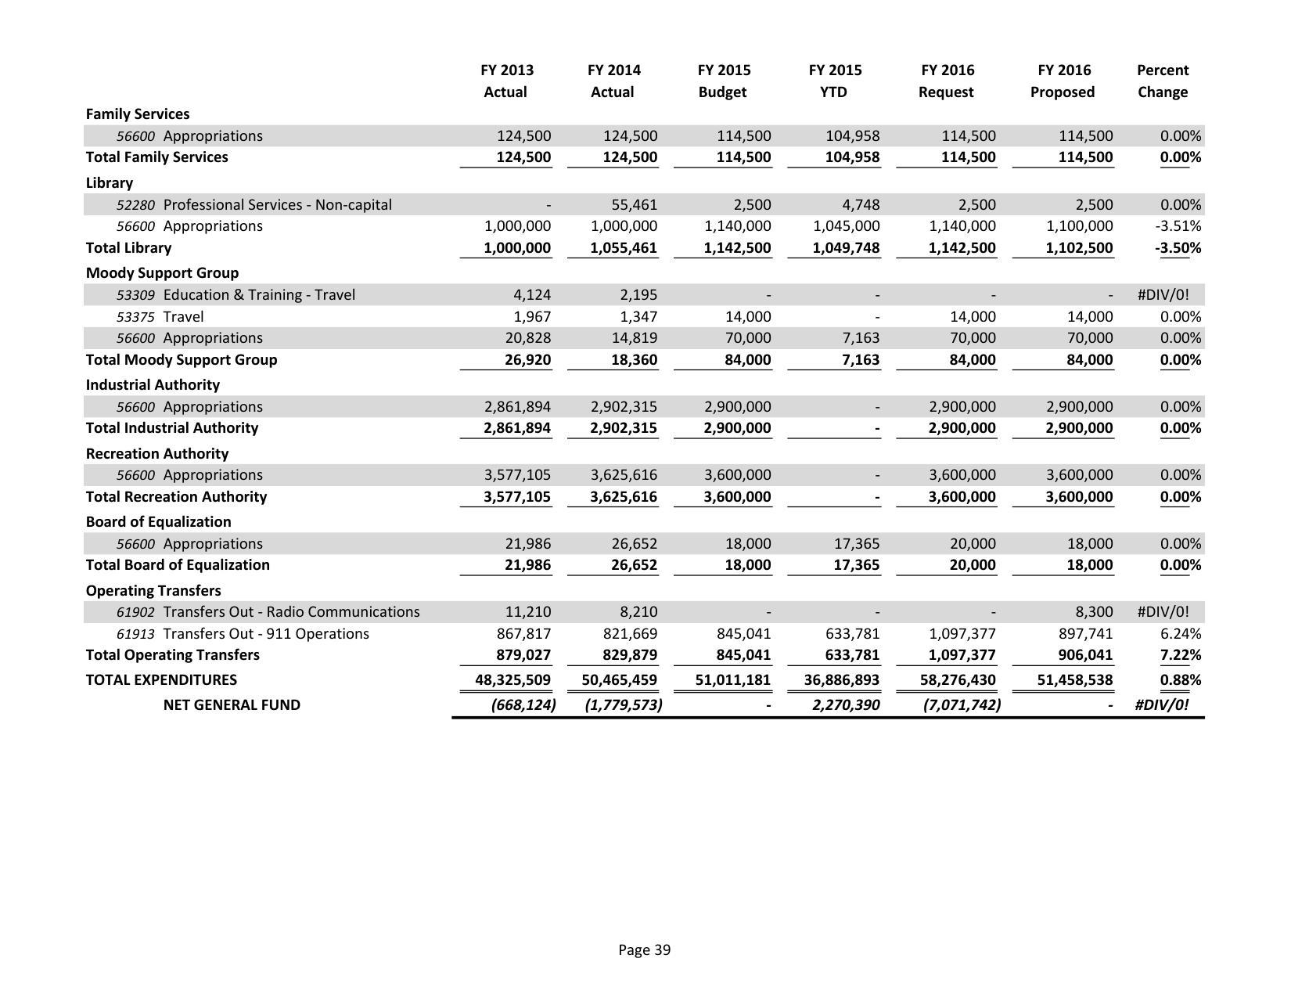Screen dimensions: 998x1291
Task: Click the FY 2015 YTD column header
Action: (x=834, y=81)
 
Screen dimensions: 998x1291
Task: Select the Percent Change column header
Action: (x=1162, y=81)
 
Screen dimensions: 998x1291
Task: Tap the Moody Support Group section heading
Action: (x=162, y=272)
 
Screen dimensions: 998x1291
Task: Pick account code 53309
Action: (x=135, y=295)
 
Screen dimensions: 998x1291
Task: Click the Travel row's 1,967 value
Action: (x=532, y=317)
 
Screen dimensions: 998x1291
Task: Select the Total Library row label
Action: (x=128, y=247)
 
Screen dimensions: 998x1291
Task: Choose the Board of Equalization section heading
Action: (x=158, y=521)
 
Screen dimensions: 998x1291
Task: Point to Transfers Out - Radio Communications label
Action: (x=291, y=611)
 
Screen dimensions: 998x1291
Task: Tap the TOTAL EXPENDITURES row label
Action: (x=161, y=679)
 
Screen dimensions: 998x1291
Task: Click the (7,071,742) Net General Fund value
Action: (x=962, y=704)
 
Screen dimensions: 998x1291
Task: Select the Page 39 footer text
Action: (x=644, y=949)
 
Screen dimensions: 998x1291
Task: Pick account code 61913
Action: (x=135, y=634)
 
